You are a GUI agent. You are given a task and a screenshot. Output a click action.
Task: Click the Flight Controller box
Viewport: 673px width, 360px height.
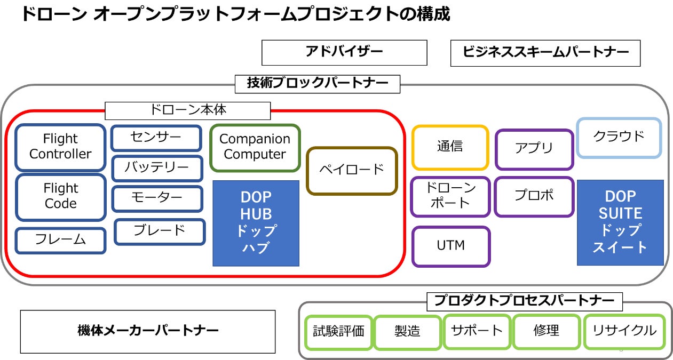60,147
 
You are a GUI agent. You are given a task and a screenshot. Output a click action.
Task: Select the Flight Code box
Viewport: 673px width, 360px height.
60,196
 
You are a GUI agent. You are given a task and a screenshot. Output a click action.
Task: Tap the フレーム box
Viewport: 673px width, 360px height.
60,240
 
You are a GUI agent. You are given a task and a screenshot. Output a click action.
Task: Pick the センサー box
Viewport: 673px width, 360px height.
156,138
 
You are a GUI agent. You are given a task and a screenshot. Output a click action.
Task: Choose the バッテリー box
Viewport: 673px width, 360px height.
157,168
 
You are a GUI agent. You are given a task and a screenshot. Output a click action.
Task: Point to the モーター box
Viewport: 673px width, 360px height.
157,198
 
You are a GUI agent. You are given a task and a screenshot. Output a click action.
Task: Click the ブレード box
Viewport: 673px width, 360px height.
160,231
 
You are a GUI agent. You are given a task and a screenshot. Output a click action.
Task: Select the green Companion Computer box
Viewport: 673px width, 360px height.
255,147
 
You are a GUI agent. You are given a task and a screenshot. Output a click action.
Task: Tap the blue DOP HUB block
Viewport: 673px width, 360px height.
256,222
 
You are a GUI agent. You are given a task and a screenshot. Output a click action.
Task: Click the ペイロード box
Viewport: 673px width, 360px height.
352,170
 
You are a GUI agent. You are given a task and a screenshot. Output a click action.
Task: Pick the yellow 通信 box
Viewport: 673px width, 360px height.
450,147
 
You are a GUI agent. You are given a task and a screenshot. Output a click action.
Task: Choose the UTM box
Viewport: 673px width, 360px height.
450,246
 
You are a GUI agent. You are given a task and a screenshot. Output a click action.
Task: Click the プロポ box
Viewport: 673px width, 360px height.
534,196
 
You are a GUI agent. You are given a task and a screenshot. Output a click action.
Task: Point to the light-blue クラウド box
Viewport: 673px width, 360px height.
619,137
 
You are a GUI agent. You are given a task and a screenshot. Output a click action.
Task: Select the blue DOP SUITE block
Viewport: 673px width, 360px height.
620,222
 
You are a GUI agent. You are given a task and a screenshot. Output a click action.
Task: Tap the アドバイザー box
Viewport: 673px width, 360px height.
344,52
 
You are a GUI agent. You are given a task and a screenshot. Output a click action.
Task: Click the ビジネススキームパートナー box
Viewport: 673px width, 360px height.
545,53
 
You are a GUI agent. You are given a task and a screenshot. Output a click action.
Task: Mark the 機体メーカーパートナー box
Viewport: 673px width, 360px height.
148,331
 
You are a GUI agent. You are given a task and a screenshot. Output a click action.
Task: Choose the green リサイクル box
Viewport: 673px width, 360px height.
624,331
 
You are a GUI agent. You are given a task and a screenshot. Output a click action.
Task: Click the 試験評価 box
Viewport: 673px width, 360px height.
338,332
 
